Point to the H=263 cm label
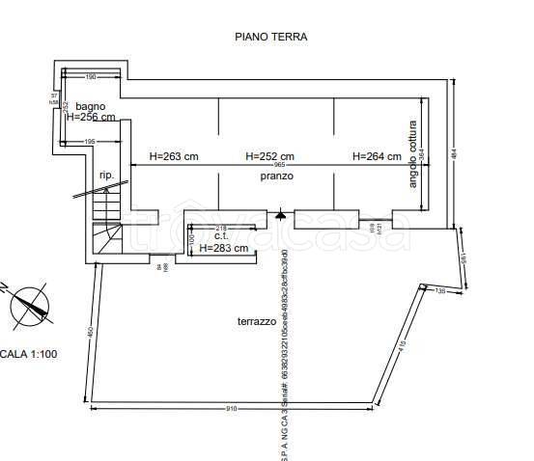click(173, 156)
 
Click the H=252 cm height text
click(269, 156)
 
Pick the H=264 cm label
click(376, 156)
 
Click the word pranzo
click(276, 176)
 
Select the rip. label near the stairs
click(105, 176)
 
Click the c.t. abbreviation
click(221, 236)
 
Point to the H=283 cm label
click(224, 248)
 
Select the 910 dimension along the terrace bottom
click(231, 408)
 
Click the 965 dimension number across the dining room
click(279, 166)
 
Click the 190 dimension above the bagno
click(91, 76)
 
